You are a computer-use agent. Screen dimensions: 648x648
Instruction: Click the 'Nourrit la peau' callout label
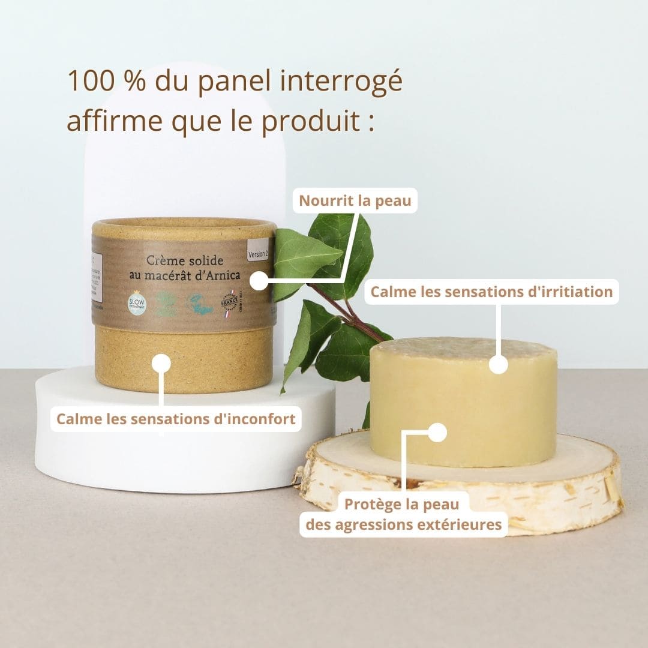coord(355,200)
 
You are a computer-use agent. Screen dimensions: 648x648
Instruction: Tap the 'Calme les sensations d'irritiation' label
coord(491,292)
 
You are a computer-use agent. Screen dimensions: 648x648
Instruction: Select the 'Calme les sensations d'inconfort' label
coord(176,419)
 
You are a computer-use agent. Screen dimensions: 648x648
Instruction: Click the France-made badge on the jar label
coord(229,302)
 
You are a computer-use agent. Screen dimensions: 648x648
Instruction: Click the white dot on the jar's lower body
coord(161,363)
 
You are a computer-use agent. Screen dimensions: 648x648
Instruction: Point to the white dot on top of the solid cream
coord(498,364)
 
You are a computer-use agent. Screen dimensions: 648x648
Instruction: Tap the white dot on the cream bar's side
coord(438,433)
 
